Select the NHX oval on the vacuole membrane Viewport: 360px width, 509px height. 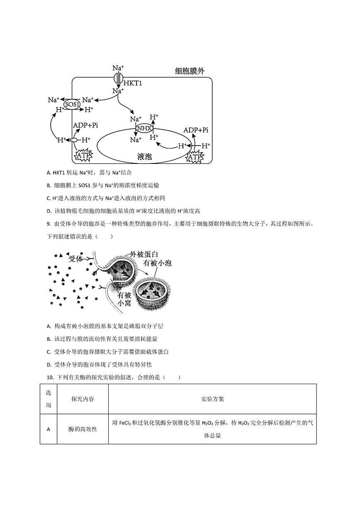[145, 129]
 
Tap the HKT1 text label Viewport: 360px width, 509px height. [132, 83]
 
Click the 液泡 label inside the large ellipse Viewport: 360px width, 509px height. [145, 156]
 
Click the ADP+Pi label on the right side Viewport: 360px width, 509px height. [196, 130]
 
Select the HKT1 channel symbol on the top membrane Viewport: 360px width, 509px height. [118, 77]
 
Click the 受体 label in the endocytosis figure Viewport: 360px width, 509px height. [76, 259]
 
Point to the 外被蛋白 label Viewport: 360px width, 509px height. [144, 254]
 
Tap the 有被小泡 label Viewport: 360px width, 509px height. [157, 263]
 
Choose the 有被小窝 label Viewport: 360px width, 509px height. [124, 300]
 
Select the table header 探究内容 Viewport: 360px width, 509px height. [83, 399]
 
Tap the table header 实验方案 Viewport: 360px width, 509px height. [212, 399]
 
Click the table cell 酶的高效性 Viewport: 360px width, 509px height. [83, 429]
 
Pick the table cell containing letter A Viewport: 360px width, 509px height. [49, 429]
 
